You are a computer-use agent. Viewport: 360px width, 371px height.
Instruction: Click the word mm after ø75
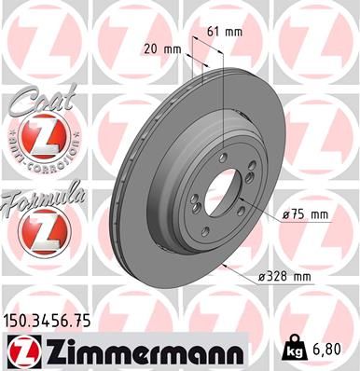pyautogui.click(x=319, y=215)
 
